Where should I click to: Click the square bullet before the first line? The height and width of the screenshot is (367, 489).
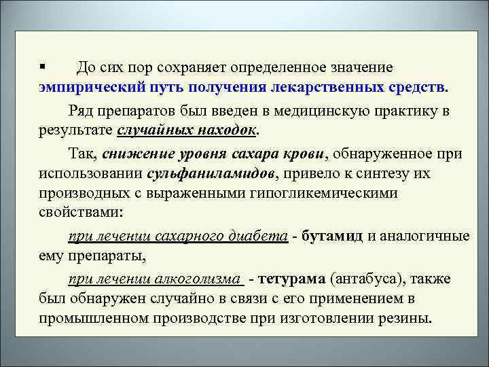click(x=42, y=67)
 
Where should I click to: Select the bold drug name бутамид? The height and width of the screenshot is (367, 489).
click(x=333, y=236)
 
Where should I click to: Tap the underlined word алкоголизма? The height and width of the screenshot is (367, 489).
click(x=202, y=279)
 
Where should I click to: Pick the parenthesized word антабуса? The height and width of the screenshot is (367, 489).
click(x=363, y=279)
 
